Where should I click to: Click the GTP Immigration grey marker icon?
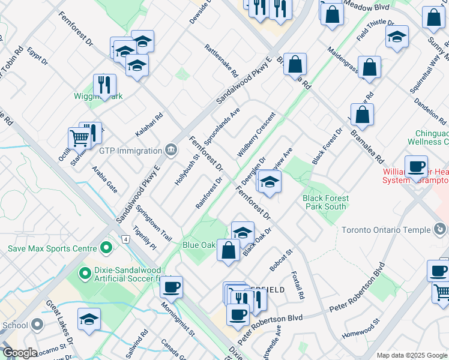170,149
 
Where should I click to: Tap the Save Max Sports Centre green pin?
106,247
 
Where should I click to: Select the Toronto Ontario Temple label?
386,230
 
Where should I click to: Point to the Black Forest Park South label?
324,202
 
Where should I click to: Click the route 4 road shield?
125,239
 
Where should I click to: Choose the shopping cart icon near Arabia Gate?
79,138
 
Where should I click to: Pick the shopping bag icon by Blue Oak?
228,250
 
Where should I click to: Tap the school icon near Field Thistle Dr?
397,37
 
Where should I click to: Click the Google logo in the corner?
19,353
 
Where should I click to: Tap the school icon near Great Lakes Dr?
89,320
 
